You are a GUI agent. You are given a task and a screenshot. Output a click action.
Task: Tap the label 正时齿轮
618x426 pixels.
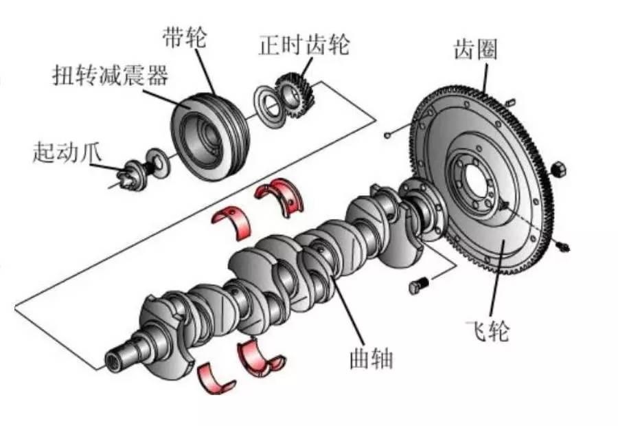[x=304, y=45]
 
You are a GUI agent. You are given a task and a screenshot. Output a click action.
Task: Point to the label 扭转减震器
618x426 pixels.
[x=111, y=75]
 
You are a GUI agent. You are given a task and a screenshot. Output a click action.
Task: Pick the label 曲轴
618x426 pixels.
[x=371, y=359]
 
